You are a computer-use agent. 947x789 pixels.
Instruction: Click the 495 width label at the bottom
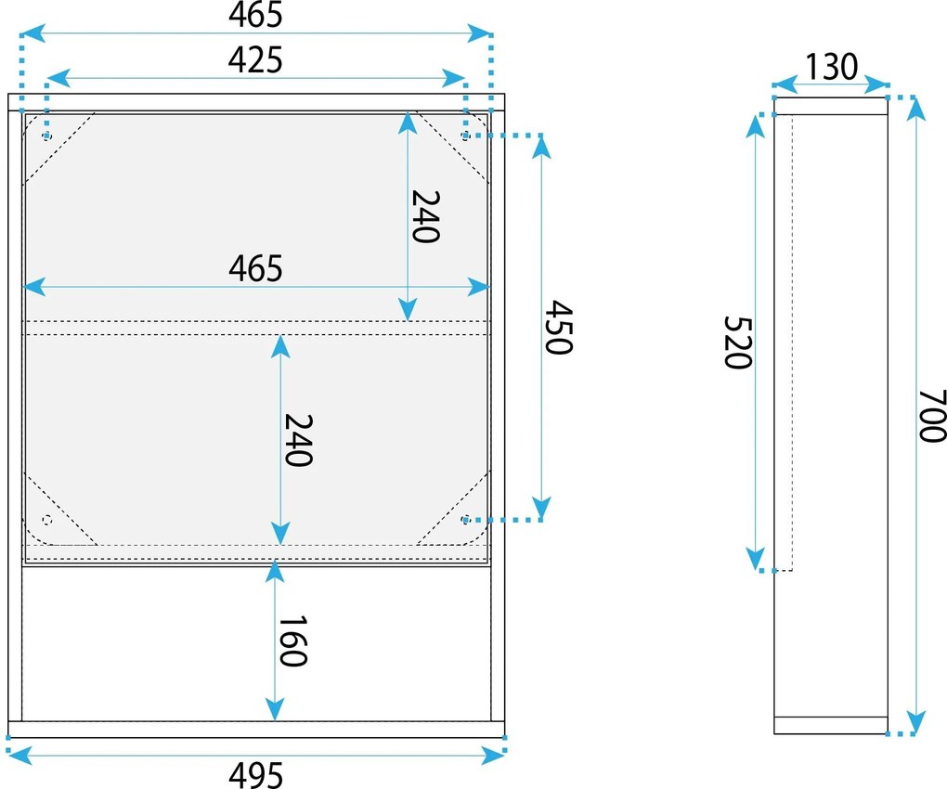255,775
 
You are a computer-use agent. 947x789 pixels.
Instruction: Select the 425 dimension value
255,60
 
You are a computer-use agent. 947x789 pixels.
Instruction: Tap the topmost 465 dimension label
255,15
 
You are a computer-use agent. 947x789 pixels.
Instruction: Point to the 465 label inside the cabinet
255,268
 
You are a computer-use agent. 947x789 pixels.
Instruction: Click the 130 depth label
832,67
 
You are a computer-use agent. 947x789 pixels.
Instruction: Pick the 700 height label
932,416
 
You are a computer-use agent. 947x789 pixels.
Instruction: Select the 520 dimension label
738,343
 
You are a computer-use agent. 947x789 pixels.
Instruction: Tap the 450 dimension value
558,328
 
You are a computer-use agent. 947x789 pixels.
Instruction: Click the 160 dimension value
292,640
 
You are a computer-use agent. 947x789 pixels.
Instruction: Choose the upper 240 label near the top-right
426,216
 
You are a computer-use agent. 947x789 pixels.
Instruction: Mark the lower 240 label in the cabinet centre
298,440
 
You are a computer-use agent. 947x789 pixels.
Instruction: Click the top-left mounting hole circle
47,136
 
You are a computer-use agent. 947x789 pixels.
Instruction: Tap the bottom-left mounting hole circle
47,520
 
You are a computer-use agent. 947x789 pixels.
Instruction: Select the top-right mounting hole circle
465,136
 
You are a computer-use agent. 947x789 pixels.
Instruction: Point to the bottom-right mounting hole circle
465,519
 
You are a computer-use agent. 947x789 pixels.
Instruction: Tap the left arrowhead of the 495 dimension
19,754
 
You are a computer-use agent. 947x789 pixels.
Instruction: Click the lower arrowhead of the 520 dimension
755,559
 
